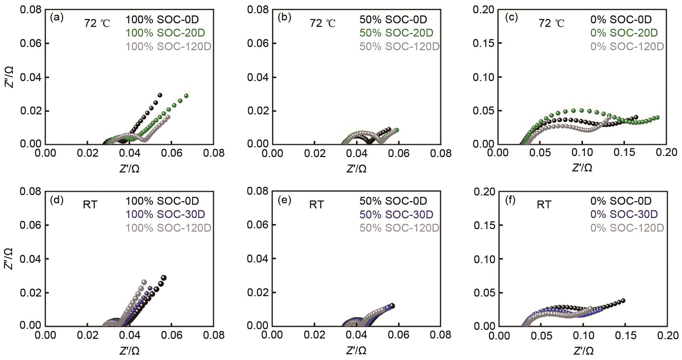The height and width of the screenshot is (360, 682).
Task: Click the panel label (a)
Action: (x=57, y=18)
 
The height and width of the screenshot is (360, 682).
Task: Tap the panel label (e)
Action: (x=284, y=200)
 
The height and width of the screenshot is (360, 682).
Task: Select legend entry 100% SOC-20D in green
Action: (x=165, y=33)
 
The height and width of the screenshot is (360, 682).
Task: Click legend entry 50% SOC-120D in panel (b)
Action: (x=399, y=47)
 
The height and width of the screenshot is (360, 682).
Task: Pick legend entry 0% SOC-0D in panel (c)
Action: (x=621, y=20)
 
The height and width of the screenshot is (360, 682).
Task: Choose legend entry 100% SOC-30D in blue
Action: (x=165, y=214)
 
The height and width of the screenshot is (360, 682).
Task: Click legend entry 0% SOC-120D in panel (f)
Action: (x=627, y=228)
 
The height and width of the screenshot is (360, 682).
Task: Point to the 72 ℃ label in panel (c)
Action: (x=551, y=24)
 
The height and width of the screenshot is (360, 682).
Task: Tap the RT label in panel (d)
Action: (x=90, y=205)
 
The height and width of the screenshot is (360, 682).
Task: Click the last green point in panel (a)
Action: (x=186, y=96)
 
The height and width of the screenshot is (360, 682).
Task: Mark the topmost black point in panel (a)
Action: (x=160, y=95)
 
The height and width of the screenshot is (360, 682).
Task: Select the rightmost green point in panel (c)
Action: (x=657, y=118)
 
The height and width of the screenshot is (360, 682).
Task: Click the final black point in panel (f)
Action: (x=623, y=300)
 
